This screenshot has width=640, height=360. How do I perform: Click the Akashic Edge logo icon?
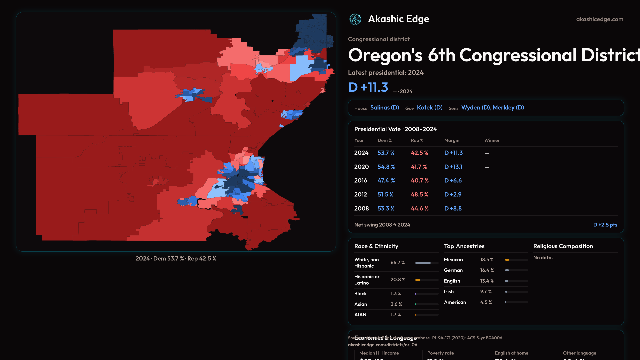(355, 19)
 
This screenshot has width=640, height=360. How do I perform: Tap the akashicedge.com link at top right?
(600, 19)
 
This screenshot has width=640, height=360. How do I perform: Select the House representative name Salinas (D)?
(385, 108)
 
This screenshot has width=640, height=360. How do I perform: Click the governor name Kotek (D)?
(430, 108)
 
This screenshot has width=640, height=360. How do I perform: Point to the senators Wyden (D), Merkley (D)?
(492, 108)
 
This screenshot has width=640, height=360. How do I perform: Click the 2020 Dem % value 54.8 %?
(386, 167)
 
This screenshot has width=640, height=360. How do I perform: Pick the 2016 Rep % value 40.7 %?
(420, 181)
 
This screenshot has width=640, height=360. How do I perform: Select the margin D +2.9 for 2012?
(453, 195)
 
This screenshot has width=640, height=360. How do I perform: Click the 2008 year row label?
(361, 209)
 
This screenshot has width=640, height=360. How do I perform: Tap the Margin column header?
(452, 140)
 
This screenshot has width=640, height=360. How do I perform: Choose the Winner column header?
(492, 140)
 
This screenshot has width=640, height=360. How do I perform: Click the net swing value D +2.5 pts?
(605, 225)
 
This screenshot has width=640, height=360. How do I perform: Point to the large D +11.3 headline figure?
(368, 87)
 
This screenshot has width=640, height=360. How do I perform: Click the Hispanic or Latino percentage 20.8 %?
(398, 280)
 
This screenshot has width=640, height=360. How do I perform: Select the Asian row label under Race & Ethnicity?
(361, 304)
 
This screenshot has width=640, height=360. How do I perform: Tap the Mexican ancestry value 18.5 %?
(487, 260)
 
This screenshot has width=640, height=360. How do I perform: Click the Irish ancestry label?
(449, 292)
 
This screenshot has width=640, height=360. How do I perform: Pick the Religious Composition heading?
(563, 246)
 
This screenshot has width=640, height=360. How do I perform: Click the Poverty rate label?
(440, 353)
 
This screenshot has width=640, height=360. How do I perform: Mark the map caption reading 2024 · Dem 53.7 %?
(160, 259)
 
